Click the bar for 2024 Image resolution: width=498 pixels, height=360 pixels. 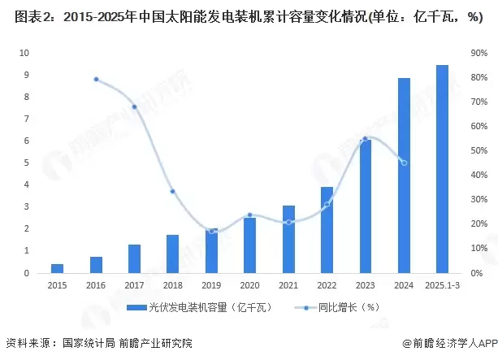click(x=404, y=176)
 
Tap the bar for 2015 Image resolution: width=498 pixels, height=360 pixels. click(x=57, y=268)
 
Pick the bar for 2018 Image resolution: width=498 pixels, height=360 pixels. click(x=172, y=254)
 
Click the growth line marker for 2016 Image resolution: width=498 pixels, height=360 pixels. click(x=96, y=79)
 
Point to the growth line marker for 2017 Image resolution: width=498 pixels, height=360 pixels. click(x=134, y=106)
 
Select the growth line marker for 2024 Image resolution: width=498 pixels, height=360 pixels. click(x=404, y=163)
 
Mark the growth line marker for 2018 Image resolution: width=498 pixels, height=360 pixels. click(x=172, y=191)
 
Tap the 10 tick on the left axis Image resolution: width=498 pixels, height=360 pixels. click(x=24, y=53)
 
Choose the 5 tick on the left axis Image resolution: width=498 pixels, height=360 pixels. click(x=26, y=163)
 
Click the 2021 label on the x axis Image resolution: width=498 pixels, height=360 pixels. click(x=288, y=285)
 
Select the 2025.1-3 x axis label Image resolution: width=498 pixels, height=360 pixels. click(x=442, y=285)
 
